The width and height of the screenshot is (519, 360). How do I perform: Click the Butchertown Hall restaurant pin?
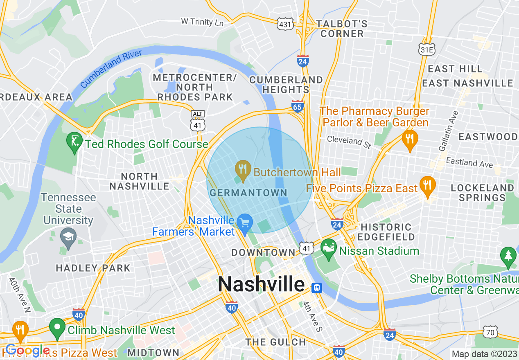click(x=244, y=171)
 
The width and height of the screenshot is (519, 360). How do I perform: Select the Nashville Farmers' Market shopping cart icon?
click(x=245, y=223)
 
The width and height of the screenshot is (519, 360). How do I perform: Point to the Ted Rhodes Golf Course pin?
click(x=74, y=142)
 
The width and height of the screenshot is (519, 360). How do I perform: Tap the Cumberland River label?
click(x=111, y=68)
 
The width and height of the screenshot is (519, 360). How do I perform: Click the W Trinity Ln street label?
click(x=202, y=21)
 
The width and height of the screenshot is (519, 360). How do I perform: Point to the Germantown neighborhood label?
click(x=248, y=193)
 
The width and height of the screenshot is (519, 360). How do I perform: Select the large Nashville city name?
click(x=261, y=284)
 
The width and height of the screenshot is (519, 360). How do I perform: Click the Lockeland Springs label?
click(x=482, y=193)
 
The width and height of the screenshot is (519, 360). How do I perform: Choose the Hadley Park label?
click(x=93, y=268)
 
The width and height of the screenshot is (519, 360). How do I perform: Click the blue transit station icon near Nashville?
click(x=316, y=288)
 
